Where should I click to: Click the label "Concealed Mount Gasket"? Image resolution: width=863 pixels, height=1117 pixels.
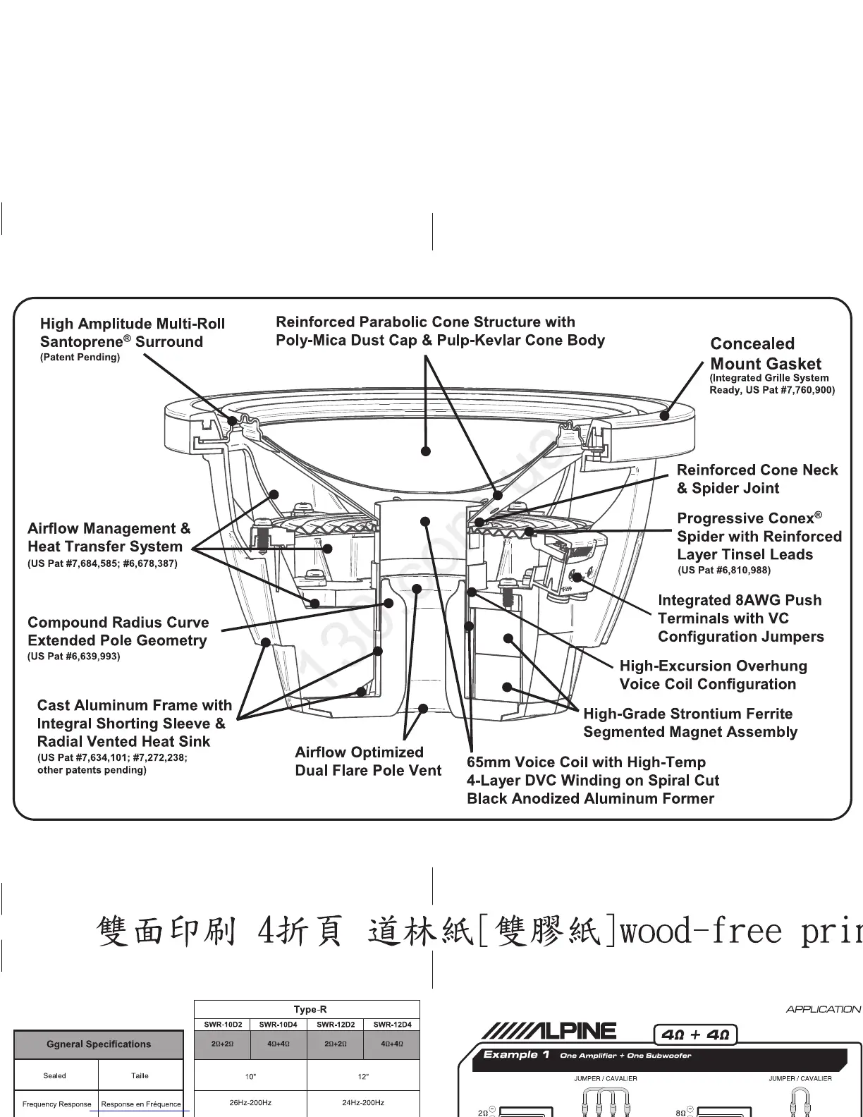(765, 354)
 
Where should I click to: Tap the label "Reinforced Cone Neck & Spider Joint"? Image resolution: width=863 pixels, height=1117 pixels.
(757, 479)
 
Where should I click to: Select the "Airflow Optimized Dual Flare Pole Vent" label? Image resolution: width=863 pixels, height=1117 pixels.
(367, 762)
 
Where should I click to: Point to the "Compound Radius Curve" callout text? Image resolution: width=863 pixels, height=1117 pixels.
(118, 623)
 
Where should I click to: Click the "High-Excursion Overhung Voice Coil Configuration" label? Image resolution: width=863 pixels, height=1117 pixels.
(712, 675)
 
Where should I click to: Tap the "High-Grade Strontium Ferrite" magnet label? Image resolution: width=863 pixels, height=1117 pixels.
(688, 714)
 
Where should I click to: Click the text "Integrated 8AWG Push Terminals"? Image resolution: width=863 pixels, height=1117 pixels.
(740, 609)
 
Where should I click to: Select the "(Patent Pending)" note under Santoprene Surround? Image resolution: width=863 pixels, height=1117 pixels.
(80, 358)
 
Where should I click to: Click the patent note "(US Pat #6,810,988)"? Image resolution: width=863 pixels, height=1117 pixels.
(723, 570)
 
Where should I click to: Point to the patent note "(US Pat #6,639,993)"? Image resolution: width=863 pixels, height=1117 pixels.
(73, 657)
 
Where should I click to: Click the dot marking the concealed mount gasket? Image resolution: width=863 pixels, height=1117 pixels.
(663, 415)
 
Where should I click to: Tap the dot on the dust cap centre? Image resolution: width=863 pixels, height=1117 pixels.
(425, 451)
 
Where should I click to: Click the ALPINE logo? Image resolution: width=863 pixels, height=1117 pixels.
(549, 1032)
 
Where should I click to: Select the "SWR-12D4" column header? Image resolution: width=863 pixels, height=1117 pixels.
(391, 1025)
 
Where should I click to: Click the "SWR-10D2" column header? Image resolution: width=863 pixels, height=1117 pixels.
(222, 1025)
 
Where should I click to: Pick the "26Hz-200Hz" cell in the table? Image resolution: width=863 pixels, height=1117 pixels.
(250, 1102)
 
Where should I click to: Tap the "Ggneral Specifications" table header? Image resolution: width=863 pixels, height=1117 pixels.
(99, 1044)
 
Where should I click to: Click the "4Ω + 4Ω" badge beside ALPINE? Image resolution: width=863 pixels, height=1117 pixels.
(696, 1035)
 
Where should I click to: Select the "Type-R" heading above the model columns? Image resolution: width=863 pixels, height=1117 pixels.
(310, 1010)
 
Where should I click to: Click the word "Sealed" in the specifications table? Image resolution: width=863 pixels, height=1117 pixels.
(54, 1076)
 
